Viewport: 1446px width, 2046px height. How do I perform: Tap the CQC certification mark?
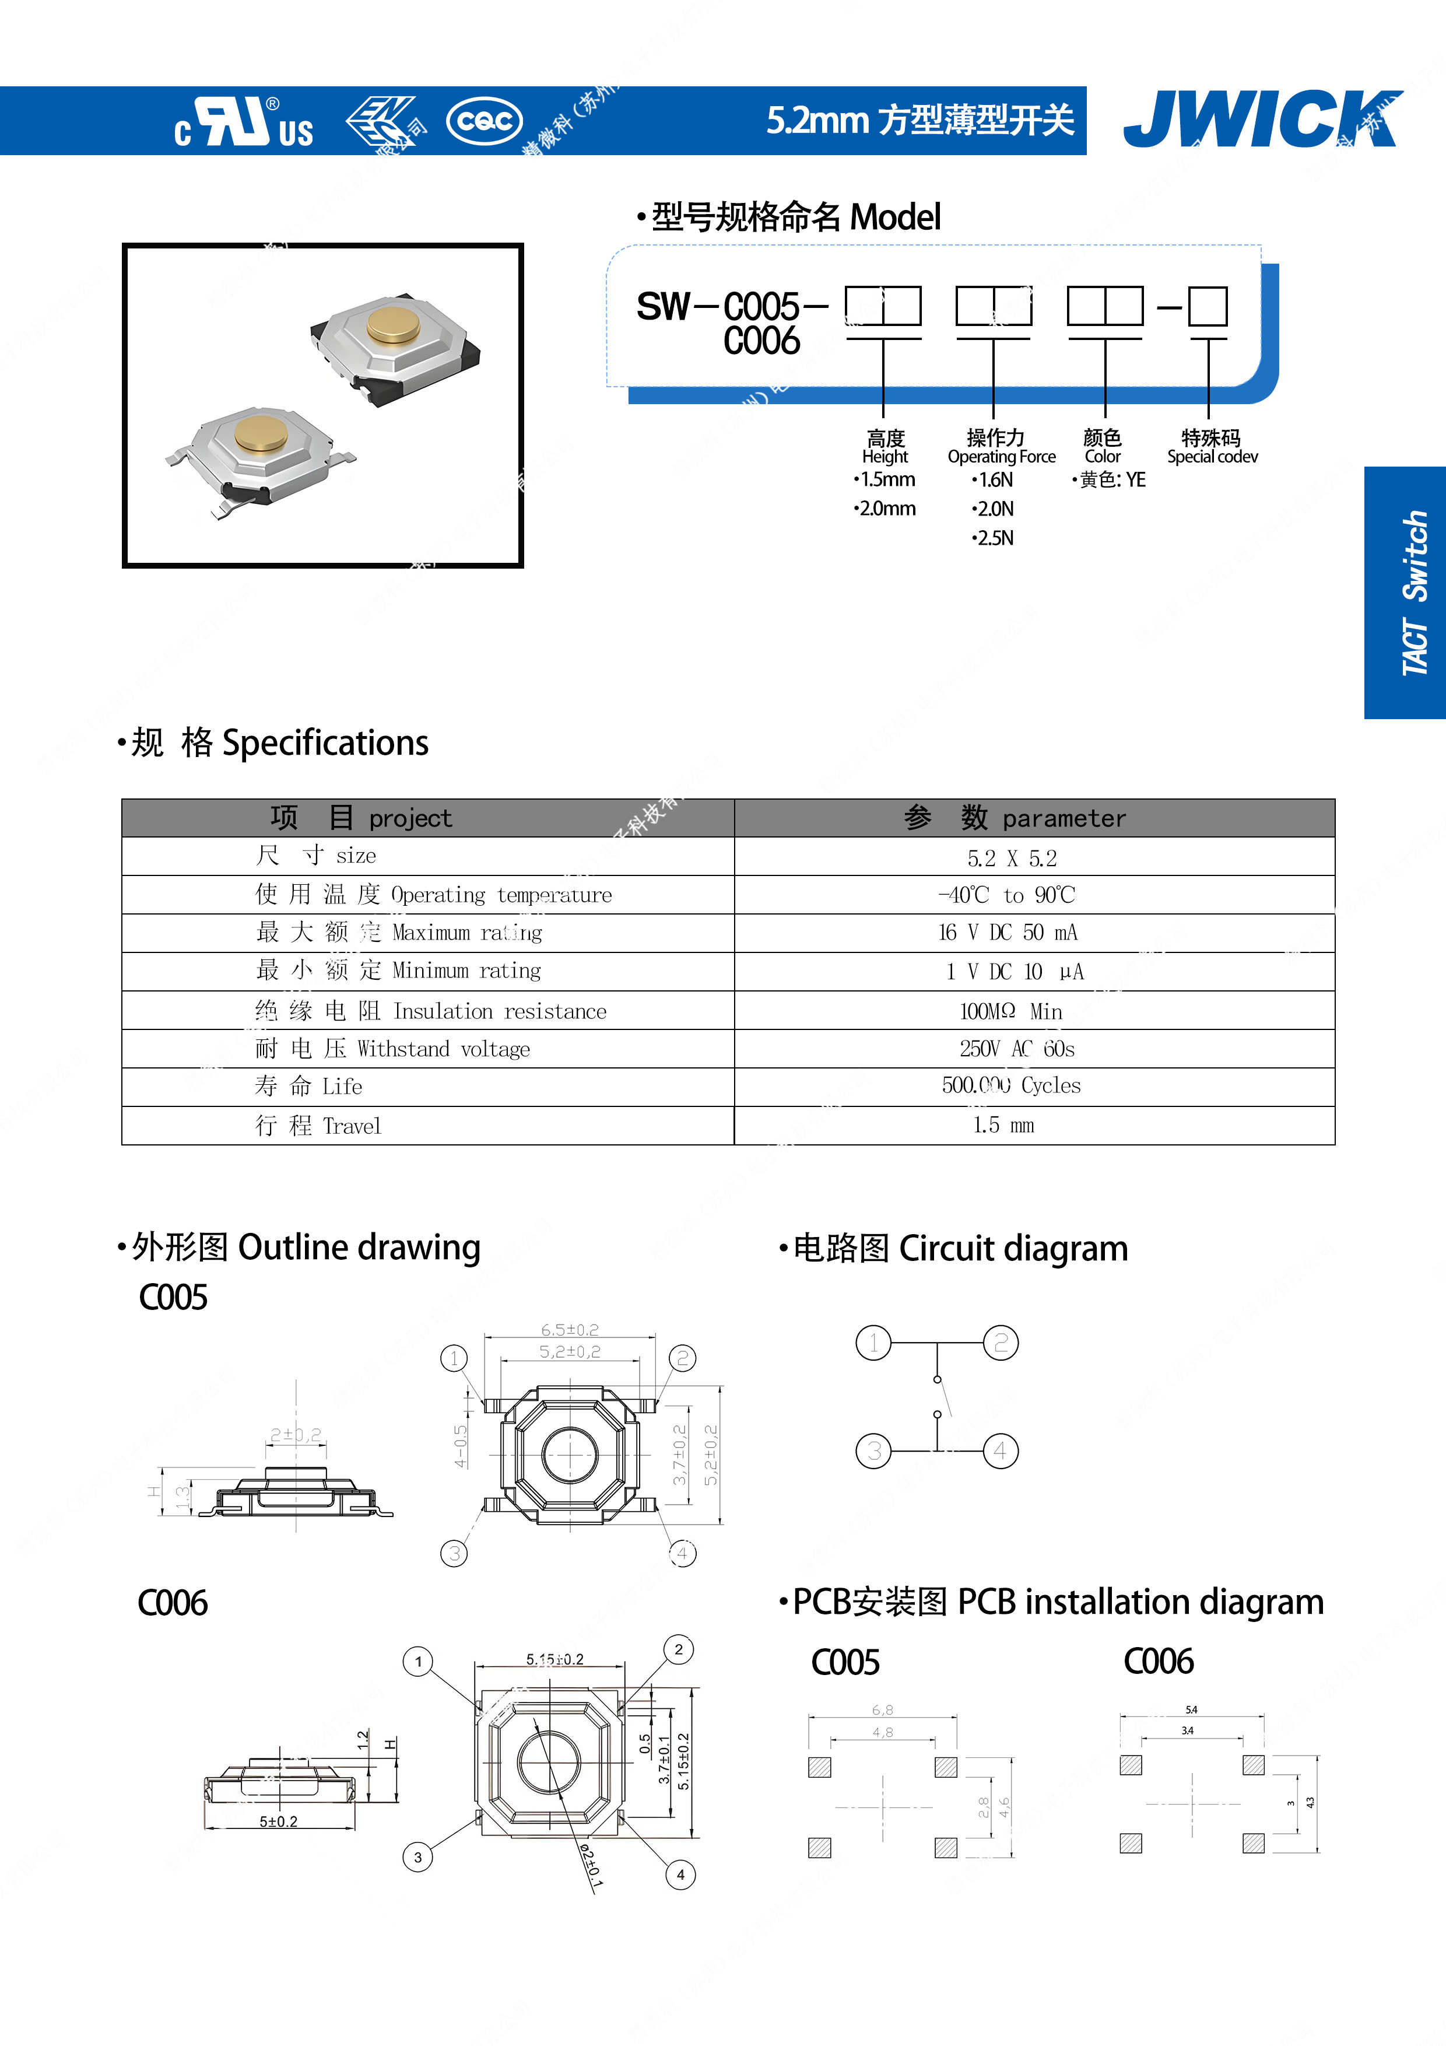484,120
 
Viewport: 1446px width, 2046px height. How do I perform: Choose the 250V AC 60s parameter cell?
1016,1049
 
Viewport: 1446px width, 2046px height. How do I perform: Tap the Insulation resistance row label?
430,1011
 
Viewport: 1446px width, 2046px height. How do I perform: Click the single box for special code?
1208,307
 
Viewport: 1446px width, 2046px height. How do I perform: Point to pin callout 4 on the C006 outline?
680,1874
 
